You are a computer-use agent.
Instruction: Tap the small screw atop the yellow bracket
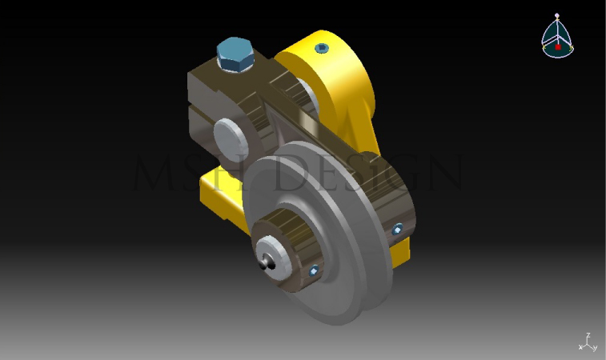(323, 48)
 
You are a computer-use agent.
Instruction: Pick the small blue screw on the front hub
(314, 270)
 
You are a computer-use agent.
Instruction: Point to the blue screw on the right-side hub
(397, 230)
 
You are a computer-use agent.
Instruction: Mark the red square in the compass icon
(558, 46)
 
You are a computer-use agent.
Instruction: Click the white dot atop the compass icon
(558, 15)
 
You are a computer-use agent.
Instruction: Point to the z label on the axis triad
(588, 336)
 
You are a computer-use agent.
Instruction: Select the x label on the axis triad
(580, 347)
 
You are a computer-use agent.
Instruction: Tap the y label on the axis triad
(595, 348)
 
